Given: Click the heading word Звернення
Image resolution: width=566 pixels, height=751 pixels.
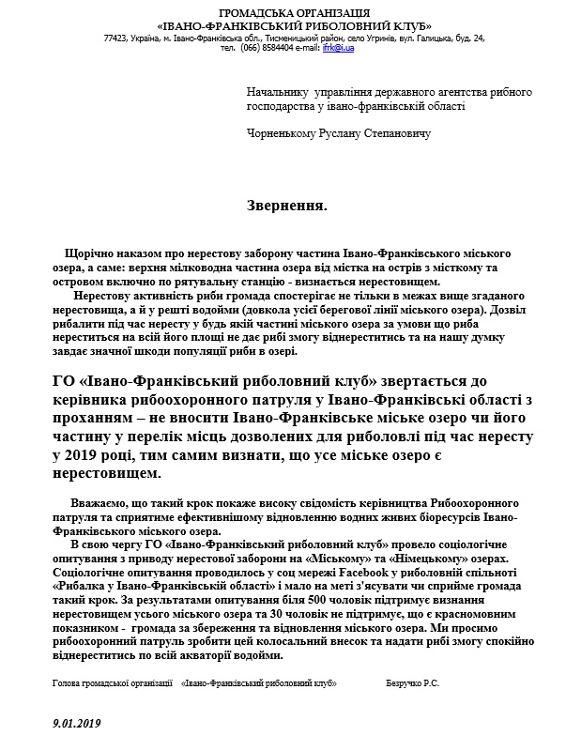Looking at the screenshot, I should click(287, 204).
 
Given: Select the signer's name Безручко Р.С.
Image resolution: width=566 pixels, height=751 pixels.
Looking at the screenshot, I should click(413, 685).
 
